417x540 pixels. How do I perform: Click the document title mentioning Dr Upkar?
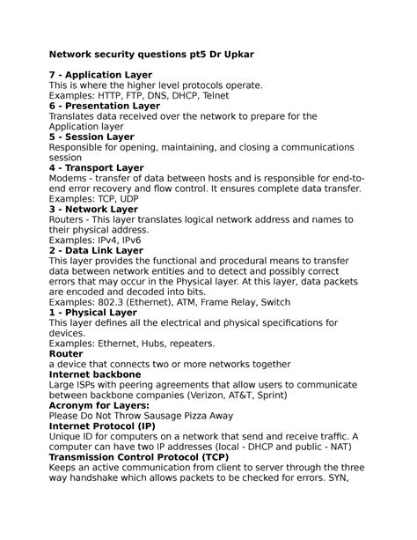[150, 55]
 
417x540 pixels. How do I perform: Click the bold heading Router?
[66, 353]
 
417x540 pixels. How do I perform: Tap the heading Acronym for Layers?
[99, 404]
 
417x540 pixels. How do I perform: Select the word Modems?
[71, 178]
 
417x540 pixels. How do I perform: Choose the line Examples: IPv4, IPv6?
[95, 240]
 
